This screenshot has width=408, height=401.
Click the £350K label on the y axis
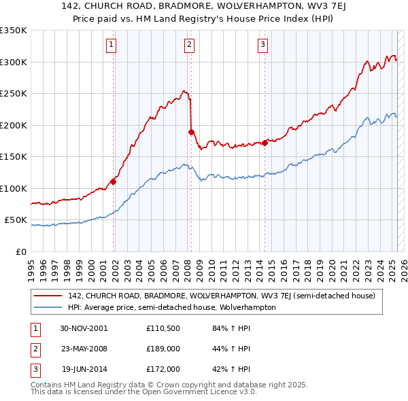tap(14, 31)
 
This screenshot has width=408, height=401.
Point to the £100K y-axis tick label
tap(14, 188)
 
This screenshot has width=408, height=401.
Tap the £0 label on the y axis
tap(20, 251)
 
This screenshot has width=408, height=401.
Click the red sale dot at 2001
tap(114, 181)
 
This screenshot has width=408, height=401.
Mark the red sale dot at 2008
tap(191, 132)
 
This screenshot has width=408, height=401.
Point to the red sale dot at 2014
tap(265, 143)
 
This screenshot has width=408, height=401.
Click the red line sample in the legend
tap(48, 296)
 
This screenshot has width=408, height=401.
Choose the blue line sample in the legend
tap(48, 307)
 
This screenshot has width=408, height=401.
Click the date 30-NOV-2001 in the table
tap(84, 328)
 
